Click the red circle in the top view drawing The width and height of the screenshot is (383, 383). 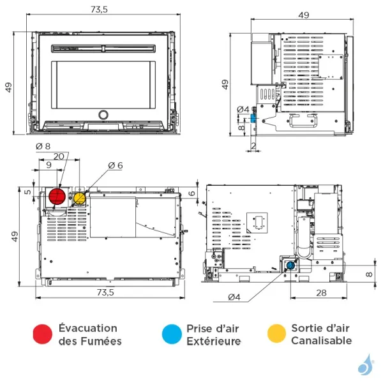click(57, 197)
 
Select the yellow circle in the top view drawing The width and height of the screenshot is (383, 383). click(79, 199)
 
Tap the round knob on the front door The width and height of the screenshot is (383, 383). click(103, 115)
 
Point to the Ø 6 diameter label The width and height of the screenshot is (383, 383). click(115, 165)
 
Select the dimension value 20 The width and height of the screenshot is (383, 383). click(59, 156)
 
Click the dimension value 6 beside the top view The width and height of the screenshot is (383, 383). click(193, 193)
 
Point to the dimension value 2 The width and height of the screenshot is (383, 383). click(253, 146)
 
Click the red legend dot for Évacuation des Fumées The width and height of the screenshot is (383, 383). click(43, 334)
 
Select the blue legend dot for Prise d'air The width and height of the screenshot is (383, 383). click(171, 334)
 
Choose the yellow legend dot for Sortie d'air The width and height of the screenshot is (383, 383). click(276, 334)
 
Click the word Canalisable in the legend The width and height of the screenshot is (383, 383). click(321, 340)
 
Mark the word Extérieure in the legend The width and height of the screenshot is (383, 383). click(214, 341)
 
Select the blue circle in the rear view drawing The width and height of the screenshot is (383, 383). click(290, 265)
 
